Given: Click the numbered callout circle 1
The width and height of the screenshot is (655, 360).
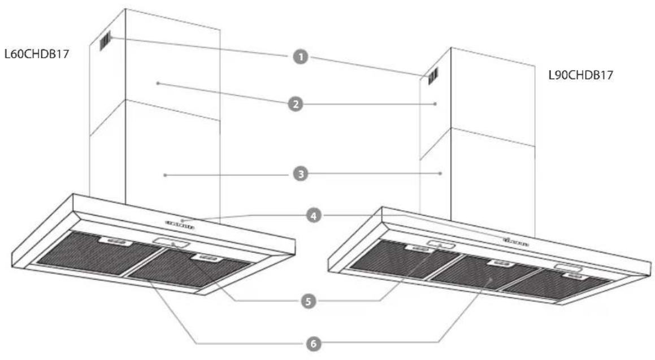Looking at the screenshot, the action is tap(300, 57).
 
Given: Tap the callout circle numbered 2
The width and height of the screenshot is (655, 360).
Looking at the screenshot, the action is tap(296, 103).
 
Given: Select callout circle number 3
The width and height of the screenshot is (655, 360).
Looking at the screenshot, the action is tap(300, 174).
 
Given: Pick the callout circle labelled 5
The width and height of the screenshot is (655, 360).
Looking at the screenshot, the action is tap(308, 301).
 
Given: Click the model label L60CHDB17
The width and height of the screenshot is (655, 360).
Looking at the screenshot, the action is tap(37, 54).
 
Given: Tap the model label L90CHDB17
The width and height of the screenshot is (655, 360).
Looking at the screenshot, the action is tap(580, 75).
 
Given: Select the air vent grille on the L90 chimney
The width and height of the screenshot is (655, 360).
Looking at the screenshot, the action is tap(432, 76).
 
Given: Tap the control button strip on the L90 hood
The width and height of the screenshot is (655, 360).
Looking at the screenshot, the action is tap(516, 242).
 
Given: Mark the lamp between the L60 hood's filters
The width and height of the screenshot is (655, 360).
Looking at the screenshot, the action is tap(171, 242).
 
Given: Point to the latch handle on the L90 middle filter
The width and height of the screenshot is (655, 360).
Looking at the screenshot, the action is tap(501, 263).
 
